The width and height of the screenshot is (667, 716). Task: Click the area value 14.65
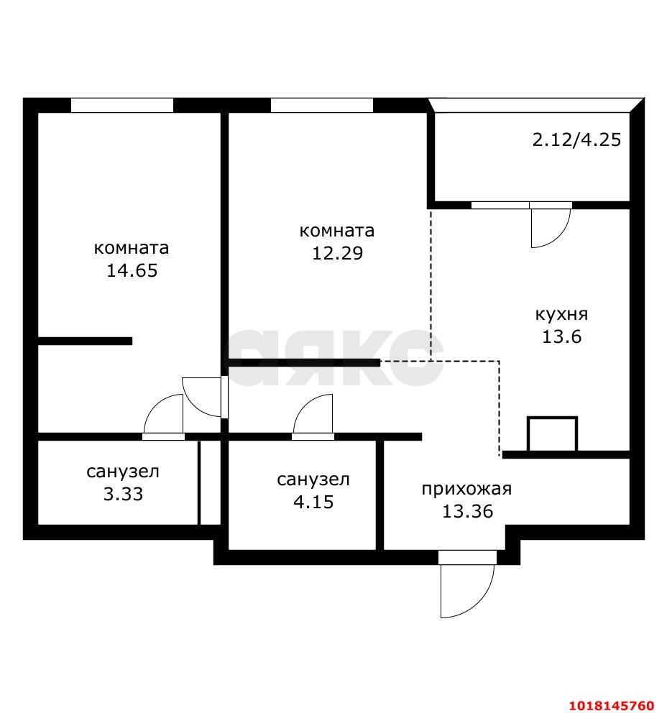132,270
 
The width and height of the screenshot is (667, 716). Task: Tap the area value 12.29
337,253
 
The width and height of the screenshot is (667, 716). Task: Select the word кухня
561,315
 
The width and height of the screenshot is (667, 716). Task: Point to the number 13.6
561,337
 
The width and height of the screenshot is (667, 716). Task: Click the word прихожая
466,489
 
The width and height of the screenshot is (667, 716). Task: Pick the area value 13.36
467,511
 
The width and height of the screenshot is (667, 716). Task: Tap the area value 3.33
123,494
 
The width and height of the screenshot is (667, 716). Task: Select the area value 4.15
313,502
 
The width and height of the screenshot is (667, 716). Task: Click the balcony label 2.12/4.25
576,139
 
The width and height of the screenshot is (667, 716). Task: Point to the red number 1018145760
612,706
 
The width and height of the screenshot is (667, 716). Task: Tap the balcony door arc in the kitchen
560,237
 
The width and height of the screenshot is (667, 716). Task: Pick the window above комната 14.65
122,105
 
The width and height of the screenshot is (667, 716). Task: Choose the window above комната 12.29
322,105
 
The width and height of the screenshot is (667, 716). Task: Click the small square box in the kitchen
553,418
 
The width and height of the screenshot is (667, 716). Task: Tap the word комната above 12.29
337,231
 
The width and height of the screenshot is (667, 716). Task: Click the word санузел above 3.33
123,472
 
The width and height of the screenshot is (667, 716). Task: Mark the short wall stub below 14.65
85,341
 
